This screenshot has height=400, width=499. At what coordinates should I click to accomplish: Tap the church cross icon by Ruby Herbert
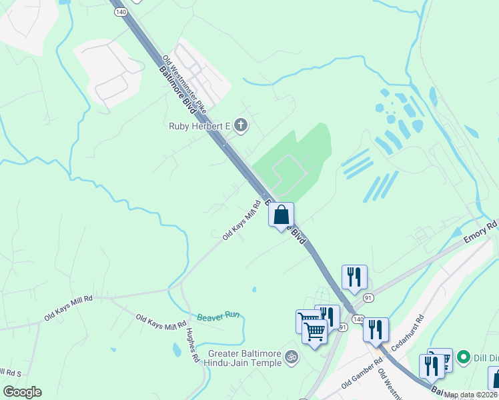click(240, 125)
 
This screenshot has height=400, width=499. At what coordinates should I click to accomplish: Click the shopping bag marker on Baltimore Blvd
click(282, 215)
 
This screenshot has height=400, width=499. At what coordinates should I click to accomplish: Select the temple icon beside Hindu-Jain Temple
click(290, 357)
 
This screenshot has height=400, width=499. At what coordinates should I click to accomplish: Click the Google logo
click(22, 392)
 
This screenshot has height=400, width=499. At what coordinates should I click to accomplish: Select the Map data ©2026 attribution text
click(471, 395)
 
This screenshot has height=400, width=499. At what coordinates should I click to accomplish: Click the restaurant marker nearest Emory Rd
click(354, 277)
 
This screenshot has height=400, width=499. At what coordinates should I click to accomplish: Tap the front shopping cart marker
click(315, 331)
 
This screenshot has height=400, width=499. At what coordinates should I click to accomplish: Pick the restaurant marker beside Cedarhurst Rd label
click(376, 329)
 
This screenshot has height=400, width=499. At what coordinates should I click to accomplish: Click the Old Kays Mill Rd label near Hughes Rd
click(161, 323)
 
